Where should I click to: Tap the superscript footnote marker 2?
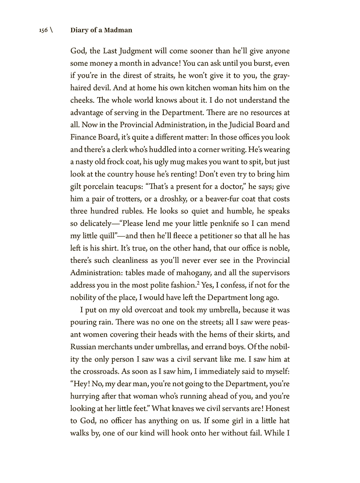pyautogui.click(x=198, y=283)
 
